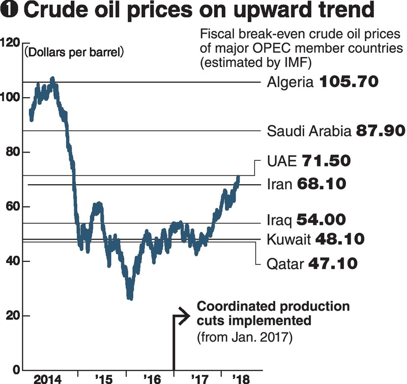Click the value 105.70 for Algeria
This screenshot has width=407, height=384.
(349, 81)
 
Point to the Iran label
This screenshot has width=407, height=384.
(279, 184)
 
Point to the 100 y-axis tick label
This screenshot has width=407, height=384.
(10, 97)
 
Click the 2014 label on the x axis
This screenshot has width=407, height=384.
(47, 378)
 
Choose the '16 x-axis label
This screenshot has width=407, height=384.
(151, 378)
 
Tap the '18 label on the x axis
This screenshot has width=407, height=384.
(240, 378)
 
